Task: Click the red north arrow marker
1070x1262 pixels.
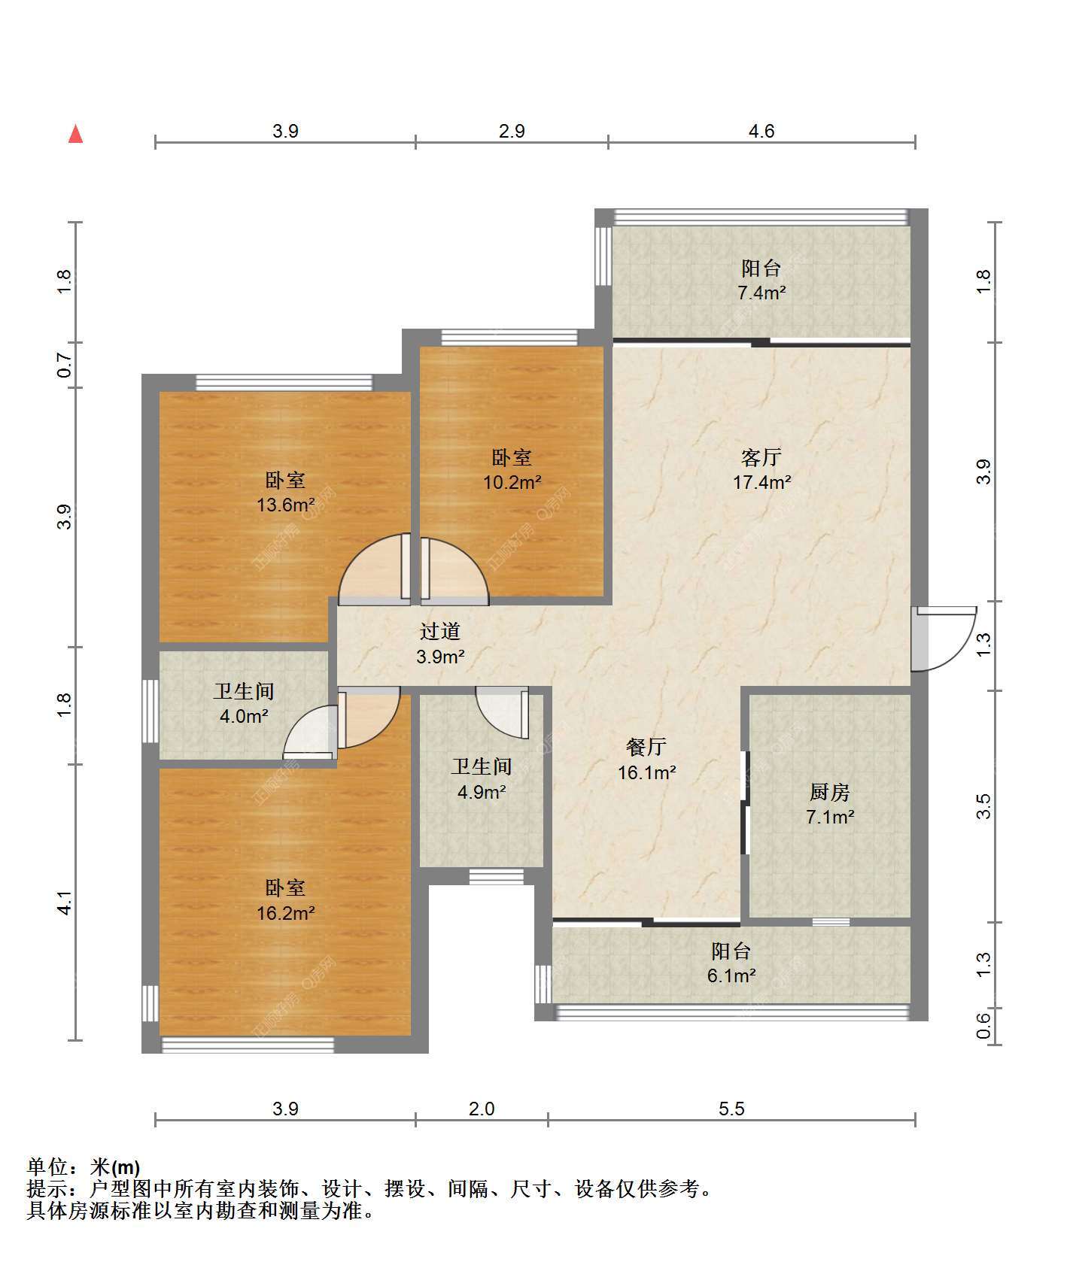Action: [75, 134]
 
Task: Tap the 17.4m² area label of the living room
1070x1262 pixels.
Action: [761, 482]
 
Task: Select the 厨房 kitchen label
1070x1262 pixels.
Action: [829, 792]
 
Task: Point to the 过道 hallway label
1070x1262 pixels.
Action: [440, 631]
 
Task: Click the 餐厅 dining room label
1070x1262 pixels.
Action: [646, 747]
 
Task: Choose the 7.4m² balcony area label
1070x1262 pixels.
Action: [761, 293]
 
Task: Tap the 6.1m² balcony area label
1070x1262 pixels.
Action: [731, 975]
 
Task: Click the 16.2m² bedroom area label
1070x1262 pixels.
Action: [285, 913]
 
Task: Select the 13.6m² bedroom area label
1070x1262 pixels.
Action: [285, 505]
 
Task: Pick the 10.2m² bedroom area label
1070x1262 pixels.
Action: [512, 482]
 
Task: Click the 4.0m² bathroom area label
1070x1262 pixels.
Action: [244, 716]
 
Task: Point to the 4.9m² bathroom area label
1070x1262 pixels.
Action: [482, 791]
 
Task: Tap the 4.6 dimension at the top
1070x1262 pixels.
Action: [761, 131]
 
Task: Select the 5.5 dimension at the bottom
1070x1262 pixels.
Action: [731, 1109]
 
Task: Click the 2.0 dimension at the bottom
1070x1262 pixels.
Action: [482, 1109]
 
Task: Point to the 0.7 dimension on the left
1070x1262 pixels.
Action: [65, 366]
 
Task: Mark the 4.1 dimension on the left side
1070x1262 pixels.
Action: [65, 903]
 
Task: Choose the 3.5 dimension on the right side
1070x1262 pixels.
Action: [983, 806]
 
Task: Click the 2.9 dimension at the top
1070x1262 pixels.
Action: [512, 131]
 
